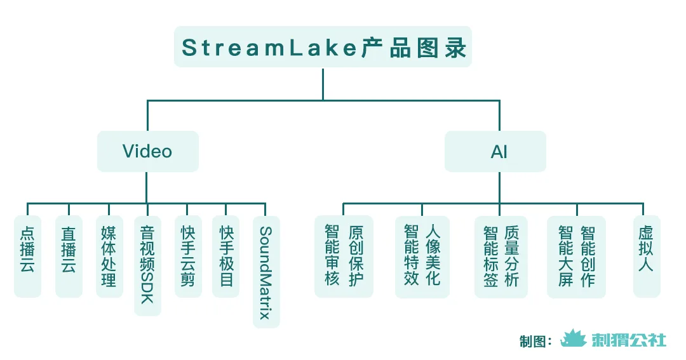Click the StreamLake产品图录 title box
click(x=323, y=47)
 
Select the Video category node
click(x=147, y=151)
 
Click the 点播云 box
click(x=27, y=256)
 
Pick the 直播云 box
click(x=69, y=256)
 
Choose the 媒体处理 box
click(x=109, y=256)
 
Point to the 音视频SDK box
click(x=147, y=265)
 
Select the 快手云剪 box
click(x=187, y=256)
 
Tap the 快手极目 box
click(x=226, y=256)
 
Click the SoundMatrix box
click(x=266, y=272)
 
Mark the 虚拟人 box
click(x=646, y=256)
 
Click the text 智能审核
click(x=332, y=255)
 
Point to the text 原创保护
click(x=356, y=255)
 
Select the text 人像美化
click(x=434, y=255)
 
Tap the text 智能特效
click(x=412, y=255)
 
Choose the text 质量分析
click(x=512, y=255)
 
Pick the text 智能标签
click(x=490, y=255)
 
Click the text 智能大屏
click(x=565, y=255)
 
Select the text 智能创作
click(x=588, y=255)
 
